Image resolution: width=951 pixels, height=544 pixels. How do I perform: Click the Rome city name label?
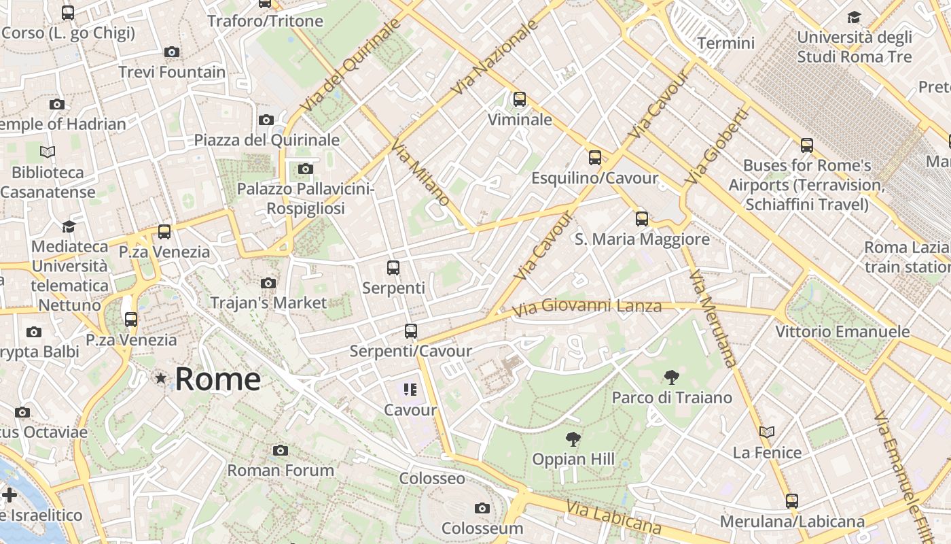(217, 379)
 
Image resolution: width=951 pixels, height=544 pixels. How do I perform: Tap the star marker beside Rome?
(161, 378)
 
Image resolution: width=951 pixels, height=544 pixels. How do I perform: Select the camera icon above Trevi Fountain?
(172, 52)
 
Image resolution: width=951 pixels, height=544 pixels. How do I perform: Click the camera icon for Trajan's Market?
(268, 283)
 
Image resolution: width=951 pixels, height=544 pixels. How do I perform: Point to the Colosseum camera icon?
(482, 508)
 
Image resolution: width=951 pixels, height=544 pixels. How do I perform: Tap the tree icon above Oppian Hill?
(573, 439)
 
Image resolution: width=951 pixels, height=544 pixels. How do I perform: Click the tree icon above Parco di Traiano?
(672, 377)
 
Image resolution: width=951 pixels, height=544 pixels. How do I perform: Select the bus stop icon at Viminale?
(520, 99)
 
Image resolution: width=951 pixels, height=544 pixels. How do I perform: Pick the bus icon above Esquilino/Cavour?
(595, 158)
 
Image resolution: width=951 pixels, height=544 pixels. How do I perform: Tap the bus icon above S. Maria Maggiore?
(642, 219)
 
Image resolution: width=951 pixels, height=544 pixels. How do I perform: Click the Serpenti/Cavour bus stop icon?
(410, 331)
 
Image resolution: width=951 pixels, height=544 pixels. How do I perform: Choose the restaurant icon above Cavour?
(410, 390)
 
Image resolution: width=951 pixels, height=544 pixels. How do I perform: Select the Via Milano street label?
(420, 173)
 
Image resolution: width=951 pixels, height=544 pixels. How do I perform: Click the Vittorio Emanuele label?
(842, 332)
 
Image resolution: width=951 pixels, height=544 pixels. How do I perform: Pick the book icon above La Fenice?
(767, 432)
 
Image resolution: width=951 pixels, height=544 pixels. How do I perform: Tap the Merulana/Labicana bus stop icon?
(792, 501)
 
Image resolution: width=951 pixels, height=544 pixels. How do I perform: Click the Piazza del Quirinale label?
(266, 140)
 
